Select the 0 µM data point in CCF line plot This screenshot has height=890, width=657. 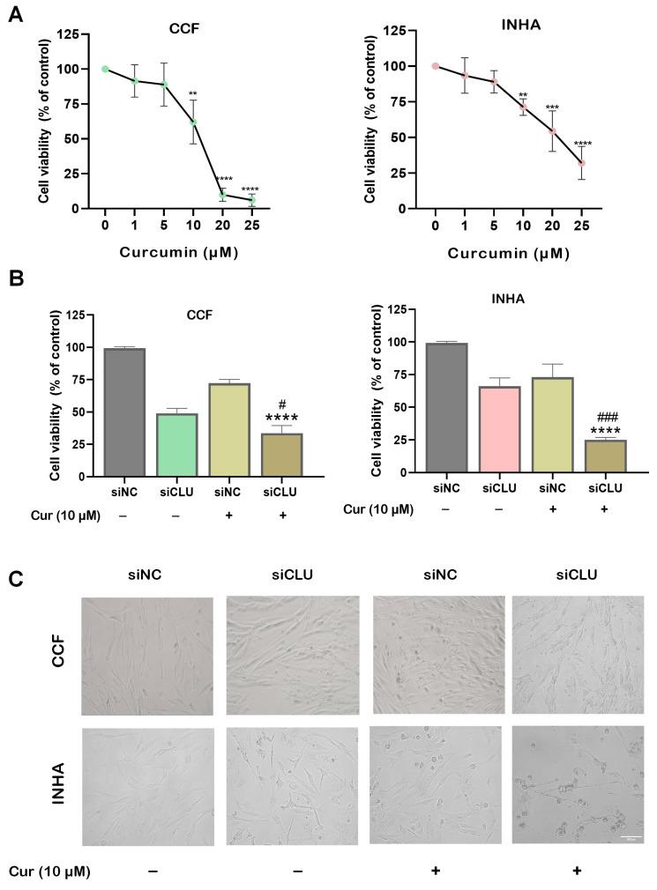(x=106, y=69)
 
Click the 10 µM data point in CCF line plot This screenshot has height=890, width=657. (x=193, y=122)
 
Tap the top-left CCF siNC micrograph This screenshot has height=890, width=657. (x=146, y=656)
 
